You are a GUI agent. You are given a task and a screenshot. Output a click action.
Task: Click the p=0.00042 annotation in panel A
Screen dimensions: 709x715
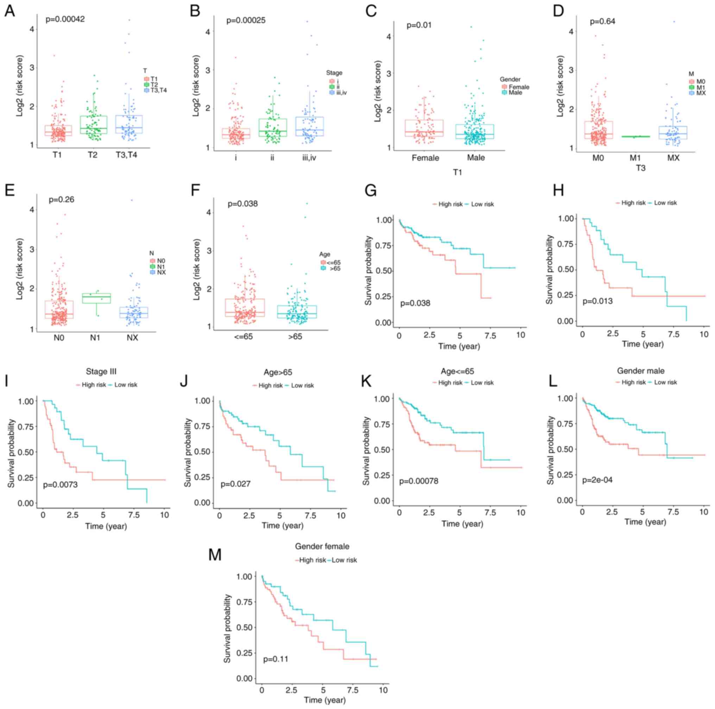[x=65, y=19]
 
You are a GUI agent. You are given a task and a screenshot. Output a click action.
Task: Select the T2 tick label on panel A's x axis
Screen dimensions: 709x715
[x=93, y=155]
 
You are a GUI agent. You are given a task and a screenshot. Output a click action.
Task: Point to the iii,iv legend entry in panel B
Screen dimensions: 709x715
[x=337, y=93]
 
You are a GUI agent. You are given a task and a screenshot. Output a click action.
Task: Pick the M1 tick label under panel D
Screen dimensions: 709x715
[x=635, y=158]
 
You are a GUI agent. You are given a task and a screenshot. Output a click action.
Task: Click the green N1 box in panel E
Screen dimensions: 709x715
[x=96, y=298]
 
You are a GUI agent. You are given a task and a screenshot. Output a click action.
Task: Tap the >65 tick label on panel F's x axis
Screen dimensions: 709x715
[x=295, y=337]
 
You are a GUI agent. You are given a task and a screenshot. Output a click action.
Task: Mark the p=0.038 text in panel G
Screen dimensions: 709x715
[x=415, y=303]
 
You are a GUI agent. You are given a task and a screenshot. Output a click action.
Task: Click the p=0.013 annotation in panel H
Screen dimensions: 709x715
[x=597, y=301]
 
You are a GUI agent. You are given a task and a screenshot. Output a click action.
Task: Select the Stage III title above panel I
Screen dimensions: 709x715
[x=101, y=371]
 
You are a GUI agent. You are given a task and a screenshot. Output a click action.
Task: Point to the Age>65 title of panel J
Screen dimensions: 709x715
[x=278, y=372]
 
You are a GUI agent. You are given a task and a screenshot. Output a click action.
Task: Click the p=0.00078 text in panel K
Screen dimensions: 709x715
[x=419, y=481]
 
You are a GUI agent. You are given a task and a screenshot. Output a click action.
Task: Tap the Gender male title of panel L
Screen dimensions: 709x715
[x=641, y=371]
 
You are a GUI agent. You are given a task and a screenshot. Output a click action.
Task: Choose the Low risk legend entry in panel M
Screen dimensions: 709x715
[x=343, y=560]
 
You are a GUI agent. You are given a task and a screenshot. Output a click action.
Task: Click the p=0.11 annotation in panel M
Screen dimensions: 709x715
[x=276, y=659]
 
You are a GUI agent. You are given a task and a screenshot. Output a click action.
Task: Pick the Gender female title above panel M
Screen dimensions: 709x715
[x=322, y=546]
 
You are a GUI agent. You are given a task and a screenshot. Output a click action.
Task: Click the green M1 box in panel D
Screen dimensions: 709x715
[x=635, y=137]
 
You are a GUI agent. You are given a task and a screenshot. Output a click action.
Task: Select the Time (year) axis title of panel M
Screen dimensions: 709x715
[x=324, y=700]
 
